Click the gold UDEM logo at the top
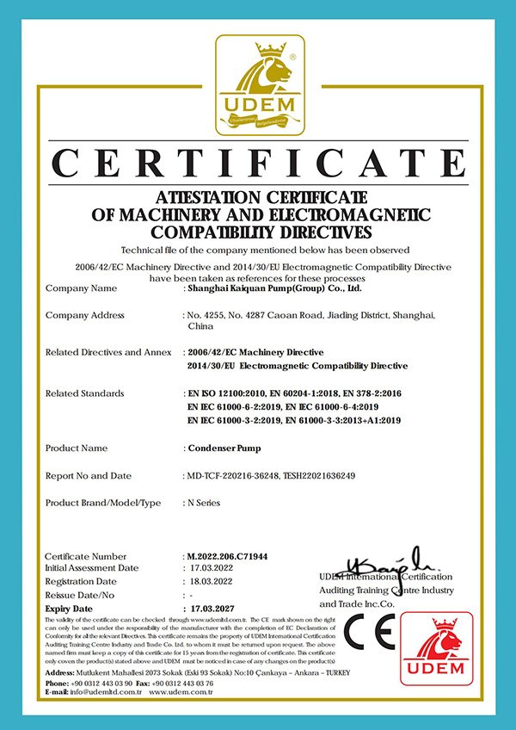click(259, 87)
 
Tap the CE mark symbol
click(371, 636)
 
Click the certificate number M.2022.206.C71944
click(228, 557)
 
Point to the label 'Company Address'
click(85, 316)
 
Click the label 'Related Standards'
click(84, 393)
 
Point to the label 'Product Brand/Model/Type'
click(102, 503)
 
